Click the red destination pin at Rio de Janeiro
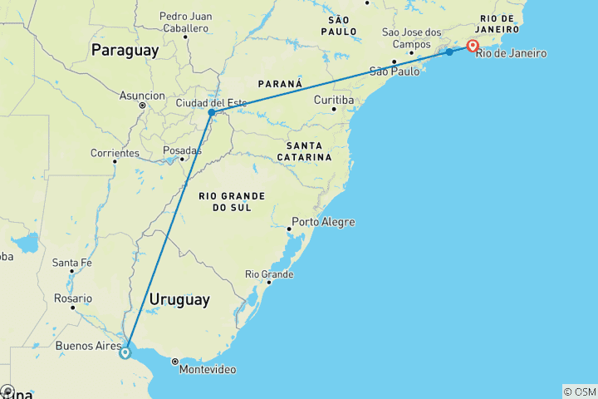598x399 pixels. (473, 47)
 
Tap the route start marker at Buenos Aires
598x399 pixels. (125, 352)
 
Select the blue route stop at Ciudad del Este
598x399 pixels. (212, 112)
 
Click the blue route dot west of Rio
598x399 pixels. (449, 52)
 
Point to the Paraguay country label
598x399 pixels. (125, 51)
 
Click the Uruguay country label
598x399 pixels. (179, 299)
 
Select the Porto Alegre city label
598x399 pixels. (324, 222)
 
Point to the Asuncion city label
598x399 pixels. (142, 96)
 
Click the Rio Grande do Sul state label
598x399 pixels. (232, 201)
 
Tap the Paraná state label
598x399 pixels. (280, 84)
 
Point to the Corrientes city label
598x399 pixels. (115, 153)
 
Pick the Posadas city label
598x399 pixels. (183, 150)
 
